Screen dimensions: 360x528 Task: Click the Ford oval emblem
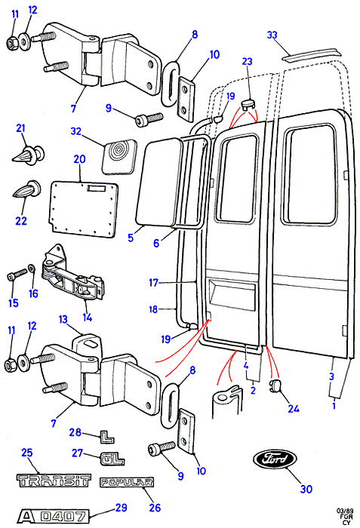point(275,459)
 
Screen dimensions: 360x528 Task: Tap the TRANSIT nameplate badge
point(54,480)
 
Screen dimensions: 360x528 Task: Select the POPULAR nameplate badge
point(127,482)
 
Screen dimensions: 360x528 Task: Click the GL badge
point(112,459)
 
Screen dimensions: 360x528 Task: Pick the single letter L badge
point(107,437)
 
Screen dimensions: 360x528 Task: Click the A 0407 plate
point(54,516)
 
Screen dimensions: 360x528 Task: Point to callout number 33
point(272,35)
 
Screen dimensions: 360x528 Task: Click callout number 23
point(247,61)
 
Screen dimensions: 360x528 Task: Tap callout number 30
point(306,489)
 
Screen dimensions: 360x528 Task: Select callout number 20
point(79,159)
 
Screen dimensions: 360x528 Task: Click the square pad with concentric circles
point(120,157)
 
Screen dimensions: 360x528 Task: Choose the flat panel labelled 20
point(85,208)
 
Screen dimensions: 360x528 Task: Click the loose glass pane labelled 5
point(158,182)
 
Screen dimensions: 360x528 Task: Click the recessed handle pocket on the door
point(232,293)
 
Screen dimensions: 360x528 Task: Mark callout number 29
point(121,508)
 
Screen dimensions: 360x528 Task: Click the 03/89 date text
point(345,511)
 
